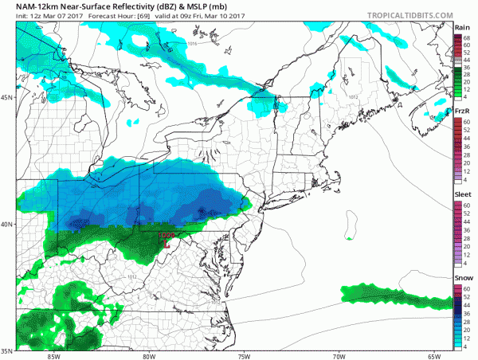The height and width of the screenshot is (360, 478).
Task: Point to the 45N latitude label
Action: coord(7,98)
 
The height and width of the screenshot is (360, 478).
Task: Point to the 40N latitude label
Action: coord(7,224)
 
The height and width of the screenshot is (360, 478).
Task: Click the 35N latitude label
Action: coord(7,350)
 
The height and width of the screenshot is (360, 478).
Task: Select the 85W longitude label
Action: coord(54,355)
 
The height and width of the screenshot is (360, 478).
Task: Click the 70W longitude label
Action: coord(338,355)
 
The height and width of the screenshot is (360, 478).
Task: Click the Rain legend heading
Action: coord(461,27)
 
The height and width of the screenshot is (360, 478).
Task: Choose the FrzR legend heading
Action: coord(461,111)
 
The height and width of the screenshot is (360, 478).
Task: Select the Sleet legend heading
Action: coord(461,194)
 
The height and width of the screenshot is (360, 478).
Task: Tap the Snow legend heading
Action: coord(461,278)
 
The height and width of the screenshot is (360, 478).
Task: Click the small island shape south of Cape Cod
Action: coord(351,237)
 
